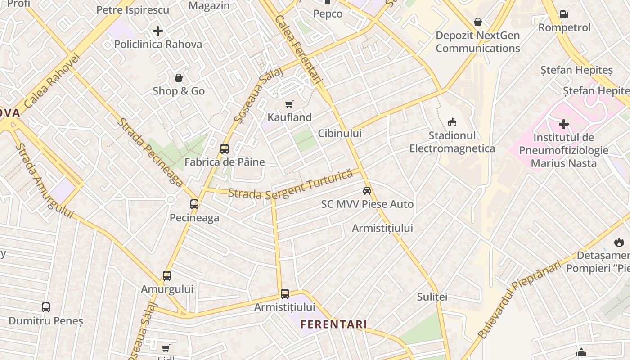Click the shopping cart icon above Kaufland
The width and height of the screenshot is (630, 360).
click(x=289, y=104)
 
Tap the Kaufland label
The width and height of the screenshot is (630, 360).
click(x=289, y=117)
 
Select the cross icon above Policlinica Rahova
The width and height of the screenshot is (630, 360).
click(x=158, y=31)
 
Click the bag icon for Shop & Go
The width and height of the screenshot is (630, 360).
click(x=179, y=78)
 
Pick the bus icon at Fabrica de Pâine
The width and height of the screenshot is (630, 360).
click(x=224, y=149)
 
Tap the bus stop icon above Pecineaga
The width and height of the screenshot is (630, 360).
click(x=194, y=204)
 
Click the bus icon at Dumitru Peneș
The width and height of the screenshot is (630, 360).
click(x=46, y=307)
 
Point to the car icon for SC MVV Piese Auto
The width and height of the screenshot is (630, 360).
click(x=367, y=191)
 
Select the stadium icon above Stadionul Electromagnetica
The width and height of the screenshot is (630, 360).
click(x=452, y=122)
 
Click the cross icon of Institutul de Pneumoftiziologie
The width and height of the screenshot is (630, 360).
click(x=563, y=124)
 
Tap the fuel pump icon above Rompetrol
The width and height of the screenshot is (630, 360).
click(x=564, y=14)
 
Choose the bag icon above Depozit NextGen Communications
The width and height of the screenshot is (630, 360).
click(x=478, y=22)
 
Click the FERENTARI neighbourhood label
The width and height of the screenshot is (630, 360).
click(x=333, y=324)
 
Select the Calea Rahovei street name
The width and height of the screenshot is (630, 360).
click(x=52, y=81)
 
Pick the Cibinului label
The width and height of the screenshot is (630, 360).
click(x=340, y=133)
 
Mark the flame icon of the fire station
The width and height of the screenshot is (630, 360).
click(x=619, y=243)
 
